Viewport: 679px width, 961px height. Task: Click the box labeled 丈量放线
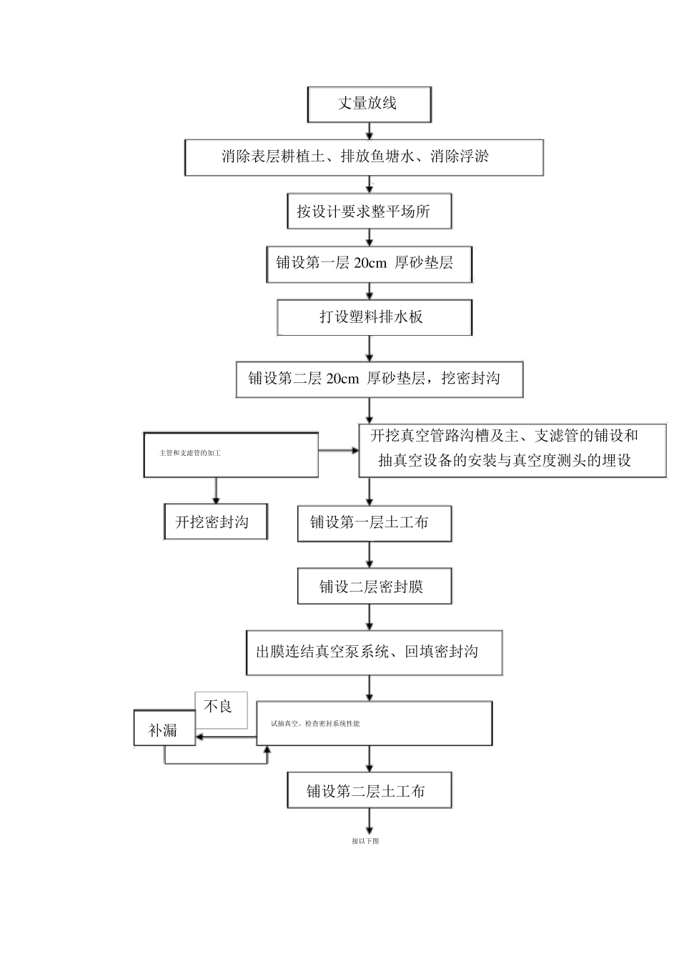[369, 104]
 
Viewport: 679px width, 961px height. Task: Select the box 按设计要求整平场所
[369, 211]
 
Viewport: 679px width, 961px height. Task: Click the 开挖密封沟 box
[215, 522]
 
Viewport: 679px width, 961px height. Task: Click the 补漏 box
[164, 730]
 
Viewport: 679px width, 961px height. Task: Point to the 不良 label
[221, 707]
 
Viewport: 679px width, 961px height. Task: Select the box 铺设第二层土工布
[369, 791]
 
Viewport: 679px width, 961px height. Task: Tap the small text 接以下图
[365, 841]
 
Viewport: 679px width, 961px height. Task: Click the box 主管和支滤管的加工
[230, 454]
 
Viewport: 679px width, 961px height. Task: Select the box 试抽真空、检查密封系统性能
[374, 724]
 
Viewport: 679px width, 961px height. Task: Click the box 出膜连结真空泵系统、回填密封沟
[374, 652]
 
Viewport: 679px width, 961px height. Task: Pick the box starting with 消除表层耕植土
[364, 157]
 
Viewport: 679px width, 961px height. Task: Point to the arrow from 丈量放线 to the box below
[369, 131]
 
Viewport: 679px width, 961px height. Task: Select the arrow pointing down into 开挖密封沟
[215, 492]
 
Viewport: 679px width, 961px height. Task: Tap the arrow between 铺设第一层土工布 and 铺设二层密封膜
[370, 555]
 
